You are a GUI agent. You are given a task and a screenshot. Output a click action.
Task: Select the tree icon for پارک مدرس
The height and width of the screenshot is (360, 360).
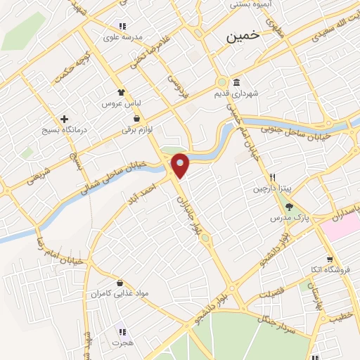(289, 206)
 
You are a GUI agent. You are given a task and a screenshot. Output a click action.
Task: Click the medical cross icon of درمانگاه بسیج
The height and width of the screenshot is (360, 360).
(65, 119)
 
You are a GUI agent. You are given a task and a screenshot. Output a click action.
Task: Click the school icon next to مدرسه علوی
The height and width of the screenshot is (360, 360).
(123, 26)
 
